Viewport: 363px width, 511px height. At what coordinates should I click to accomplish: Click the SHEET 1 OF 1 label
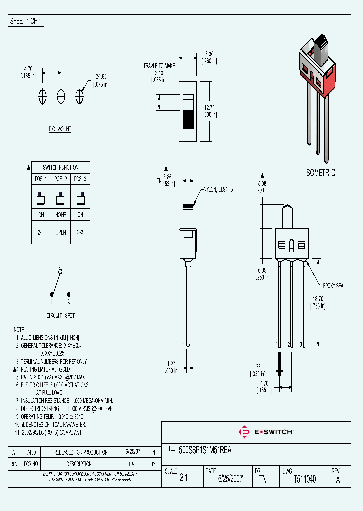[x=26, y=21]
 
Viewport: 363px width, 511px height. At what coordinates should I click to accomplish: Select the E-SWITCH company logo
[x=266, y=432]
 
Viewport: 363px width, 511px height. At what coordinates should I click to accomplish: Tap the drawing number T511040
[x=305, y=479]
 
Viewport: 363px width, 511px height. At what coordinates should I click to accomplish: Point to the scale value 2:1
[x=183, y=479]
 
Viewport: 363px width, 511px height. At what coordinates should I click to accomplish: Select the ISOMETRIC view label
[x=320, y=173]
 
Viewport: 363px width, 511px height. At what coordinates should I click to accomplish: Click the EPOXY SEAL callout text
[x=331, y=286]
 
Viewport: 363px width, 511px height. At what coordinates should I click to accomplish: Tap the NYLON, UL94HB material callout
[x=217, y=190]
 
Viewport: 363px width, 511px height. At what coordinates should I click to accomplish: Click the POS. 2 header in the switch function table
[x=60, y=179]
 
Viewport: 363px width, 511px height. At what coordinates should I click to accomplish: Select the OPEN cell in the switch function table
[x=60, y=233]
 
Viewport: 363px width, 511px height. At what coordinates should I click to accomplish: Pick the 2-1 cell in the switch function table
[x=41, y=233]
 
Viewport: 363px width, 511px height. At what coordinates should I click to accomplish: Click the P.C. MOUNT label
[x=60, y=129]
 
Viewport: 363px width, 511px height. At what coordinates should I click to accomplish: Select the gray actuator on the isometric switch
[x=321, y=49]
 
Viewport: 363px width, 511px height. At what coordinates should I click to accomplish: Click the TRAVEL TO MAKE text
[x=159, y=66]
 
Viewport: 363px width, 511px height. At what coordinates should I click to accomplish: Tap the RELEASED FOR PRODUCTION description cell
[x=81, y=452]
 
